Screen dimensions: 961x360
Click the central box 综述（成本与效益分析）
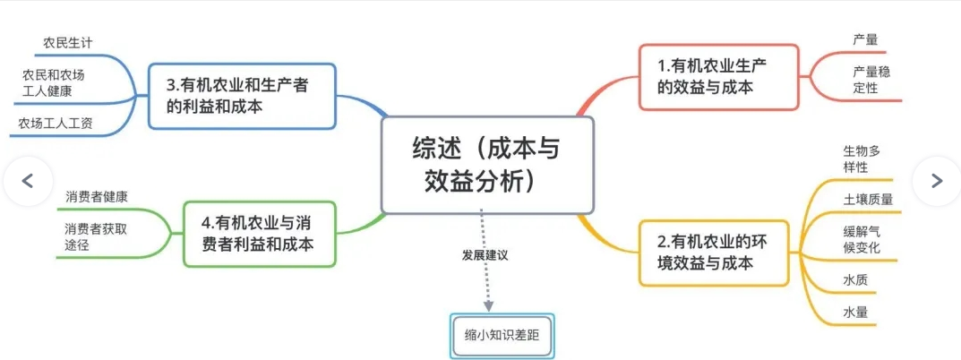point(487,165)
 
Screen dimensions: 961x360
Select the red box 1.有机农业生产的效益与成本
point(719,77)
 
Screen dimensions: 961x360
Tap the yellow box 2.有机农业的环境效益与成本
point(714,253)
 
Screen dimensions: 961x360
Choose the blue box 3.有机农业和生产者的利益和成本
point(243,96)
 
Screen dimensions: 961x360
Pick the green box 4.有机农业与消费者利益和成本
point(260,234)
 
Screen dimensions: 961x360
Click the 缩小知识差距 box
point(502,336)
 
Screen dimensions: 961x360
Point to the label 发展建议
point(485,255)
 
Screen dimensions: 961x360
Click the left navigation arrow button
point(28,181)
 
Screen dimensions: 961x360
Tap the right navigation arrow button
point(936,181)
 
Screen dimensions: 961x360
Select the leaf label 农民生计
point(68,42)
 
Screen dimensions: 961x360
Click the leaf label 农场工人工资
point(56,124)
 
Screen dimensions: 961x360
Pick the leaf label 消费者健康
point(96,197)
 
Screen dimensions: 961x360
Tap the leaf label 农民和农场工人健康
point(54,83)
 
